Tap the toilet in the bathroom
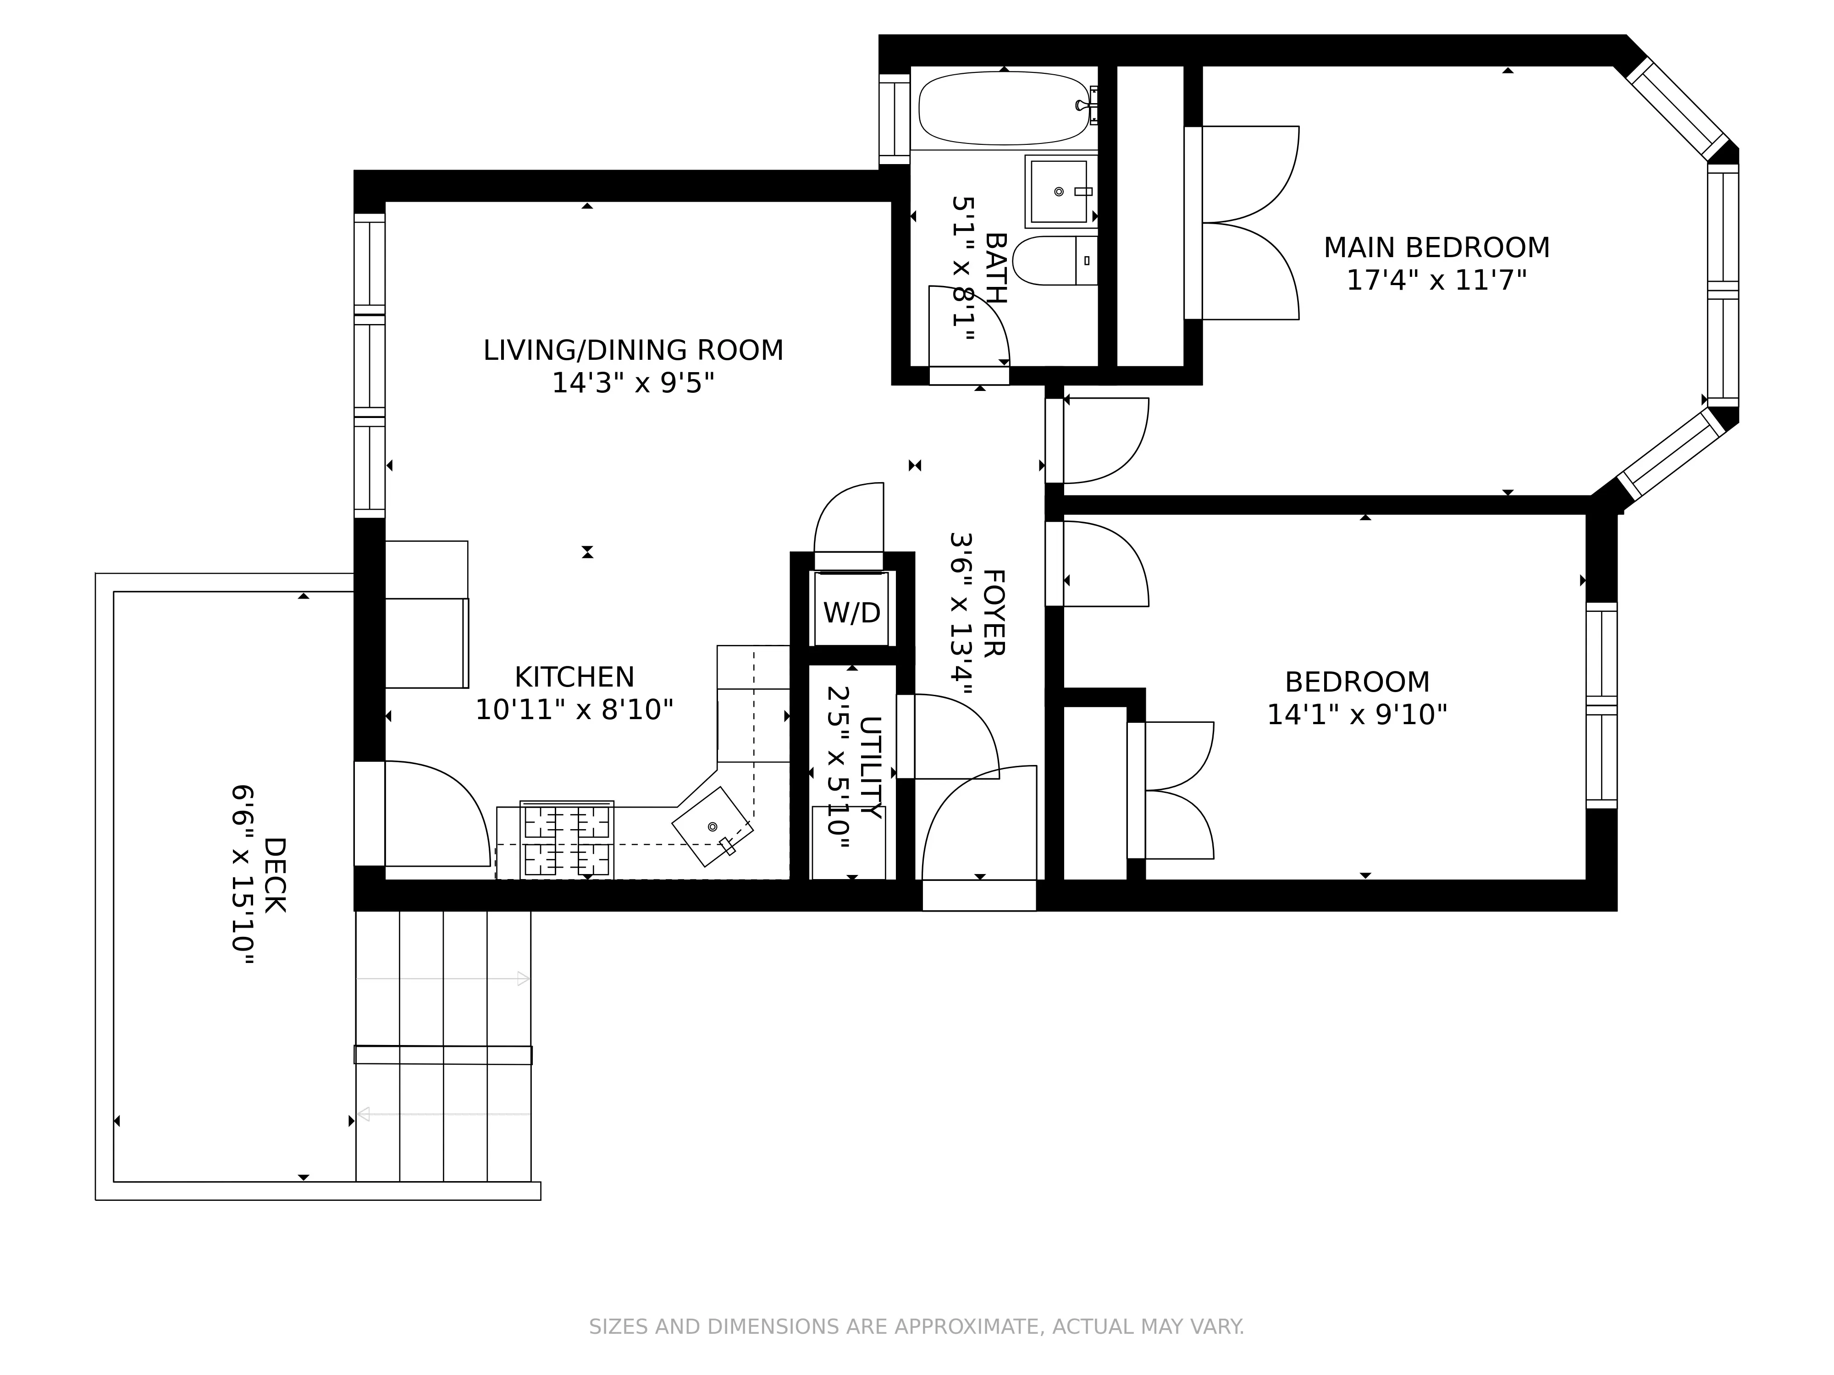(1053, 260)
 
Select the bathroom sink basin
(1059, 192)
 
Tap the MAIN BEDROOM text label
(1436, 248)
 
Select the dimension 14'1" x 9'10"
(1356, 715)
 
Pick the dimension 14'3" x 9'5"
(633, 383)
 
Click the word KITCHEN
(574, 677)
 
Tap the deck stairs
(443, 1044)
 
